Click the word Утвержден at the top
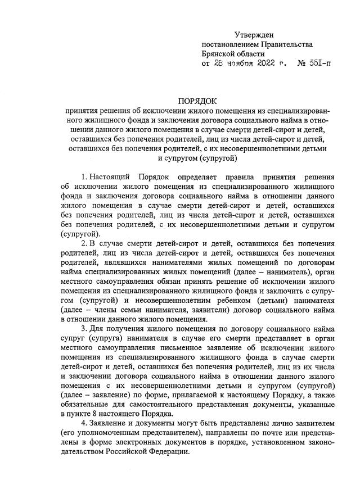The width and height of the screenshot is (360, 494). pyautogui.click(x=254, y=35)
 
